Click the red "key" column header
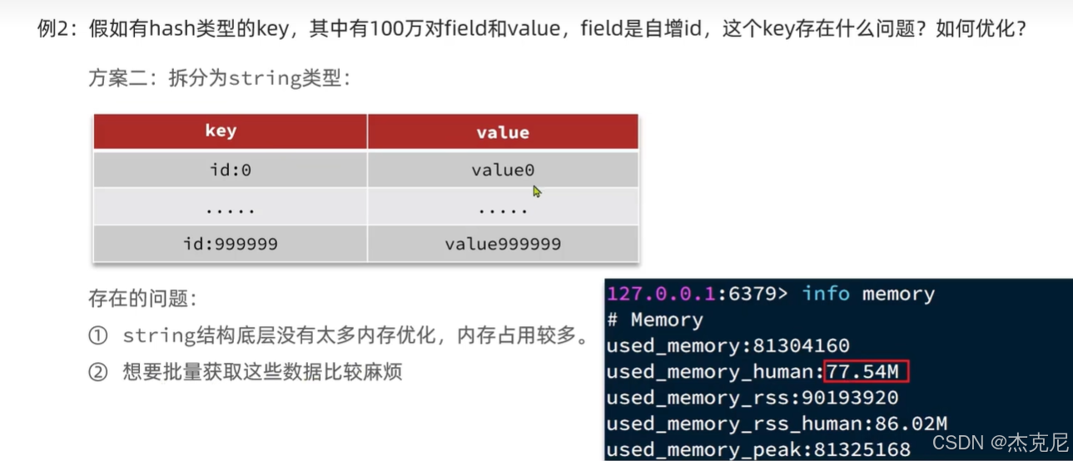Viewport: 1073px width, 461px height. point(221,131)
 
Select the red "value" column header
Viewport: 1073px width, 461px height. point(502,131)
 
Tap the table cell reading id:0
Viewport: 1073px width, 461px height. point(230,170)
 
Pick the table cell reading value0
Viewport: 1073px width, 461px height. point(502,170)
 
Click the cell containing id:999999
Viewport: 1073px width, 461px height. point(230,244)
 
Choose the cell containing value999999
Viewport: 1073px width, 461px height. point(502,244)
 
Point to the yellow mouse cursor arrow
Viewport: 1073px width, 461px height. point(536,191)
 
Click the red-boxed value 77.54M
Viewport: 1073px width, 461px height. point(867,371)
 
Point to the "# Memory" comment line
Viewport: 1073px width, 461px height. point(655,320)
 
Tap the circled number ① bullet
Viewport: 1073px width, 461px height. point(97,336)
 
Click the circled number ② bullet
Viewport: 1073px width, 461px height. point(97,371)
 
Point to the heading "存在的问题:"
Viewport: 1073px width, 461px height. point(142,298)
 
